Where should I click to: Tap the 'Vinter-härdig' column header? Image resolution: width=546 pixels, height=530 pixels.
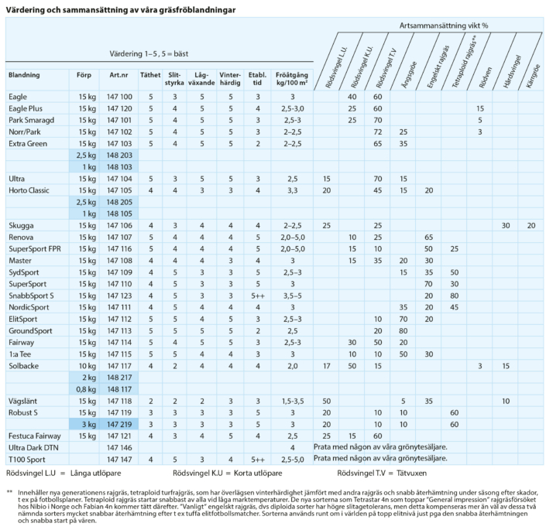point(230,79)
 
